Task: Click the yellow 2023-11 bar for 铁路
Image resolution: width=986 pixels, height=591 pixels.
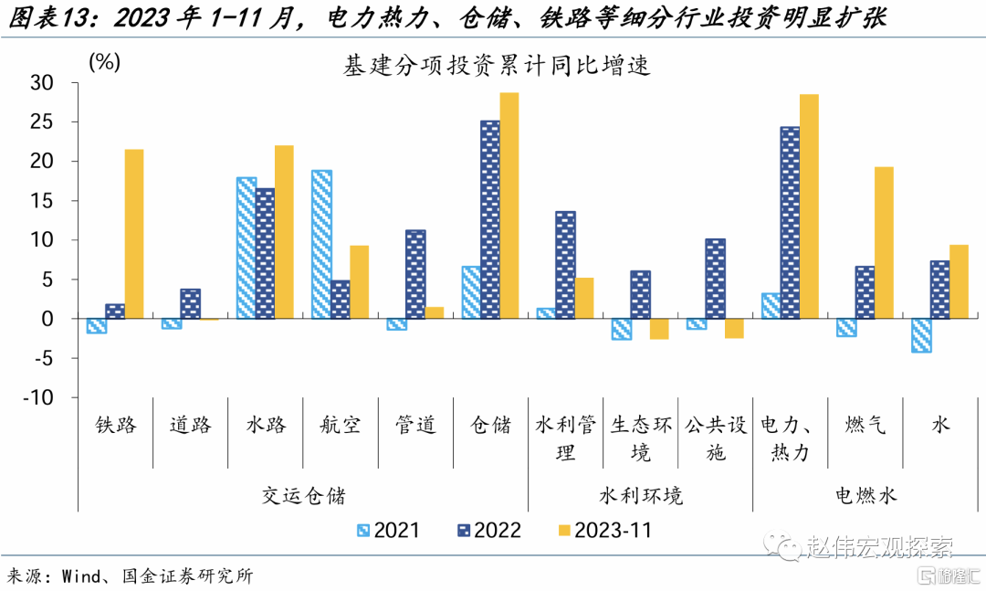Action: click(134, 234)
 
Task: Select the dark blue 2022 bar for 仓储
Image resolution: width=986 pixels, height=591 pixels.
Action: click(490, 219)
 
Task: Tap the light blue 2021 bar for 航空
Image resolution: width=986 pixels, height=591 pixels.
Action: click(321, 244)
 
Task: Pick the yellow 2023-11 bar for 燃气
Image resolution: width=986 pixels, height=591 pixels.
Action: click(884, 243)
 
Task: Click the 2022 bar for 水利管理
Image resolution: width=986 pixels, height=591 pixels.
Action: click(565, 265)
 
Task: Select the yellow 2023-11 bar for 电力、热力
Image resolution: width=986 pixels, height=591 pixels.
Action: click(809, 206)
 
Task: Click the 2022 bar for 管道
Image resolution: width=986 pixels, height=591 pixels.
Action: click(415, 274)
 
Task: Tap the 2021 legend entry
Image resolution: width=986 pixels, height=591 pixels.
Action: click(387, 530)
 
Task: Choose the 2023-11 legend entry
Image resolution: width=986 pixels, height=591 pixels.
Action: click(603, 530)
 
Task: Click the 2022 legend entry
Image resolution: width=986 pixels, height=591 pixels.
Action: click(488, 530)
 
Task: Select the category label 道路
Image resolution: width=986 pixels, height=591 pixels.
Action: click(191, 425)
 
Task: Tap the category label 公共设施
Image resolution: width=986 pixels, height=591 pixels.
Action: click(716, 438)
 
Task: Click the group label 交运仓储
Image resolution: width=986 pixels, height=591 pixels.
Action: click(303, 496)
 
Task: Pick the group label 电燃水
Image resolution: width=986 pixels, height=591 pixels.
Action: click(865, 496)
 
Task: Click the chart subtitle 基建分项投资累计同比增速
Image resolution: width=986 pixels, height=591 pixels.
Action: click(496, 65)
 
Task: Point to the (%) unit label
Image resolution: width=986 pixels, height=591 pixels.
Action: click(103, 62)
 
